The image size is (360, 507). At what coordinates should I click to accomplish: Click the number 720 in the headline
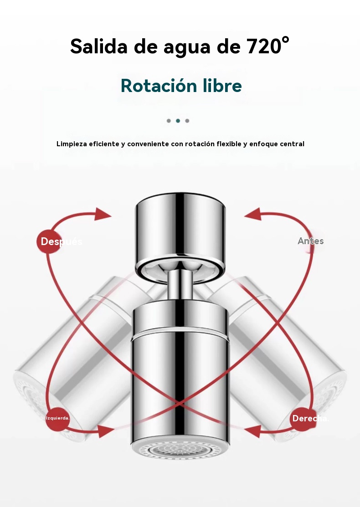264,46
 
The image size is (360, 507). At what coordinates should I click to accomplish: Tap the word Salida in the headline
98,46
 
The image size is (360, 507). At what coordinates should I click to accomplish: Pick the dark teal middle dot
178,121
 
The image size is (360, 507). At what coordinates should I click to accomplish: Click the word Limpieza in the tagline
72,144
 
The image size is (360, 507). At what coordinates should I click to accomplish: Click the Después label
62,241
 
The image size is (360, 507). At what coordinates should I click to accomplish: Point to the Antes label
310,241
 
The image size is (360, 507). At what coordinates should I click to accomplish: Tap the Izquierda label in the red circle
57,418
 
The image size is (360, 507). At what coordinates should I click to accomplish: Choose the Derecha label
310,419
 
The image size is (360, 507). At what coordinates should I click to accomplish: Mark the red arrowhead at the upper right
253,214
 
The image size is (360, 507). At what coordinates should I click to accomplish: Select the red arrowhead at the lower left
105,431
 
